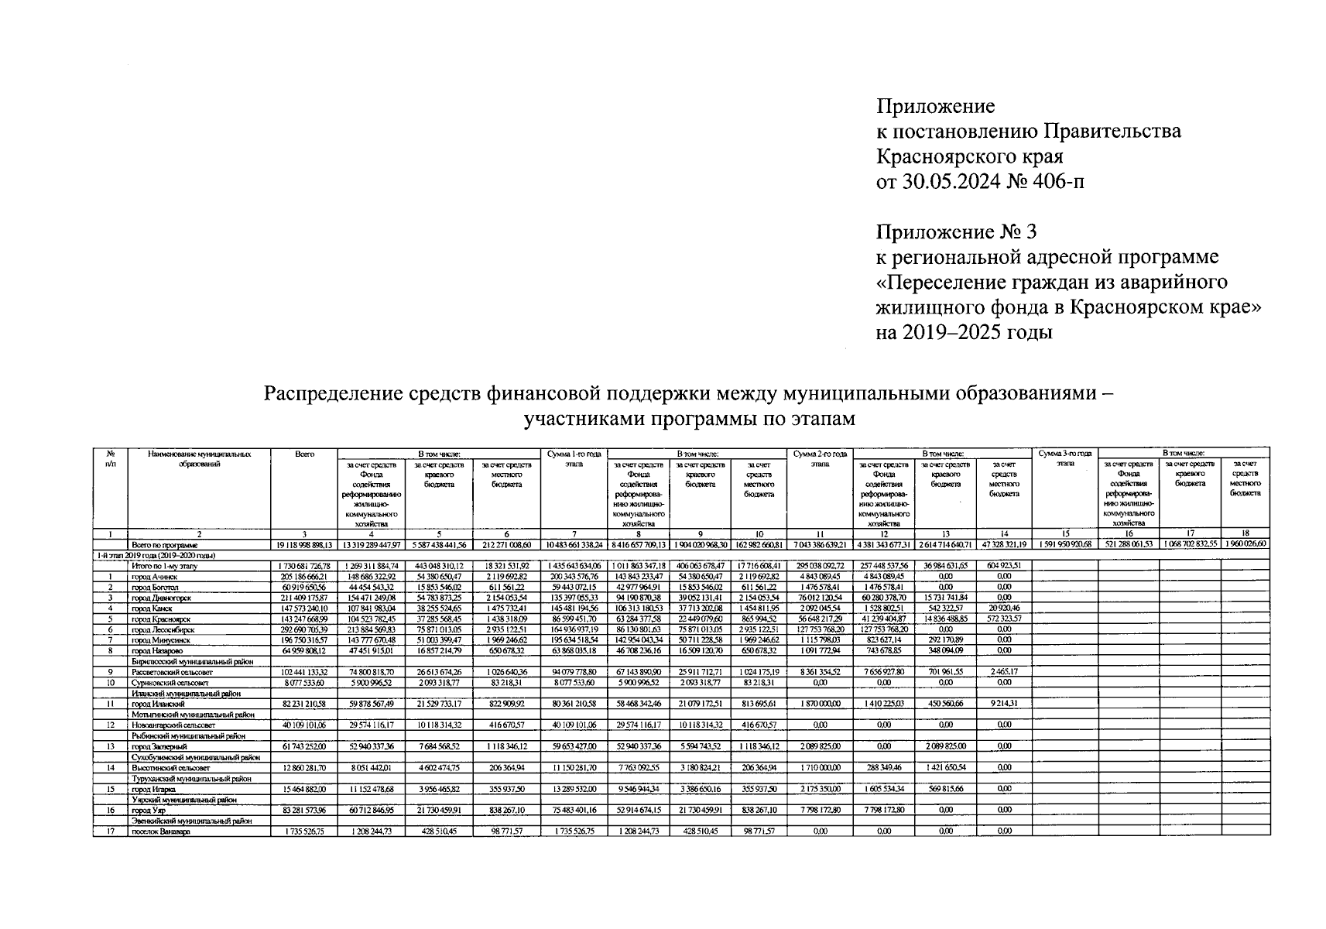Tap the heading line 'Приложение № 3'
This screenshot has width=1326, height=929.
955,231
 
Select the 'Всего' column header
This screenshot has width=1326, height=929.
304,454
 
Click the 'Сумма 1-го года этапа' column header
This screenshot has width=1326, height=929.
574,458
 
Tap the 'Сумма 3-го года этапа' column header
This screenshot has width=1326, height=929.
1064,458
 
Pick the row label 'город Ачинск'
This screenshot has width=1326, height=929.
154,577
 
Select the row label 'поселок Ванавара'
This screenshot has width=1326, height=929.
160,831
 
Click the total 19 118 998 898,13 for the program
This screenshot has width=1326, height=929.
304,545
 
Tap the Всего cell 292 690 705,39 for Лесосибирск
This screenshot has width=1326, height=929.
304,630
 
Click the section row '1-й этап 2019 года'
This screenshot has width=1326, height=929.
155,555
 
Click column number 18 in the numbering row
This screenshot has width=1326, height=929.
1245,534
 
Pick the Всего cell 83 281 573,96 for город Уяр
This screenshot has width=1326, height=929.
304,811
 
